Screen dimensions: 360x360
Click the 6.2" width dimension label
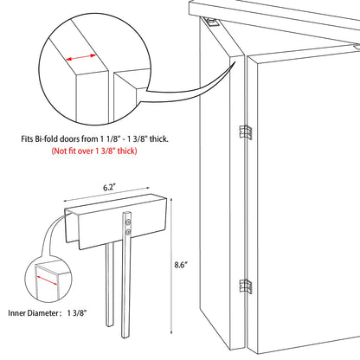(x=110, y=188)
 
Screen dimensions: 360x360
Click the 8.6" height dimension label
(x=181, y=265)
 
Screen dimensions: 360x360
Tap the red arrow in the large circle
(x=81, y=58)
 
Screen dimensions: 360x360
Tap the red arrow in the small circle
(x=48, y=280)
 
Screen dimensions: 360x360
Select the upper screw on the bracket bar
(x=128, y=222)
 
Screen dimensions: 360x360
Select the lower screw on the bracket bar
(x=128, y=232)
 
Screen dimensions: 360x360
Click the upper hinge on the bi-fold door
(x=246, y=132)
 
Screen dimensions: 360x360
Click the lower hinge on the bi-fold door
(x=246, y=286)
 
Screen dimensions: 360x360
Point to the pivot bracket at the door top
(x=212, y=22)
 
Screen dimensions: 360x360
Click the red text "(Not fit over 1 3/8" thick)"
(x=94, y=151)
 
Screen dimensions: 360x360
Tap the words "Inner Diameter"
(x=33, y=313)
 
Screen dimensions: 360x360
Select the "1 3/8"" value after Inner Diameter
(x=77, y=313)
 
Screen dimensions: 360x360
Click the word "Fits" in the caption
(x=27, y=139)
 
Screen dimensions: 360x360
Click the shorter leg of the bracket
(x=109, y=285)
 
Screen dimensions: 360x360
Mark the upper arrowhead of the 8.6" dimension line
(x=171, y=200)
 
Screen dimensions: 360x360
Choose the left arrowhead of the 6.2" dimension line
(x=66, y=201)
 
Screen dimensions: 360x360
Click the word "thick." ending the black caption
(x=159, y=139)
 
